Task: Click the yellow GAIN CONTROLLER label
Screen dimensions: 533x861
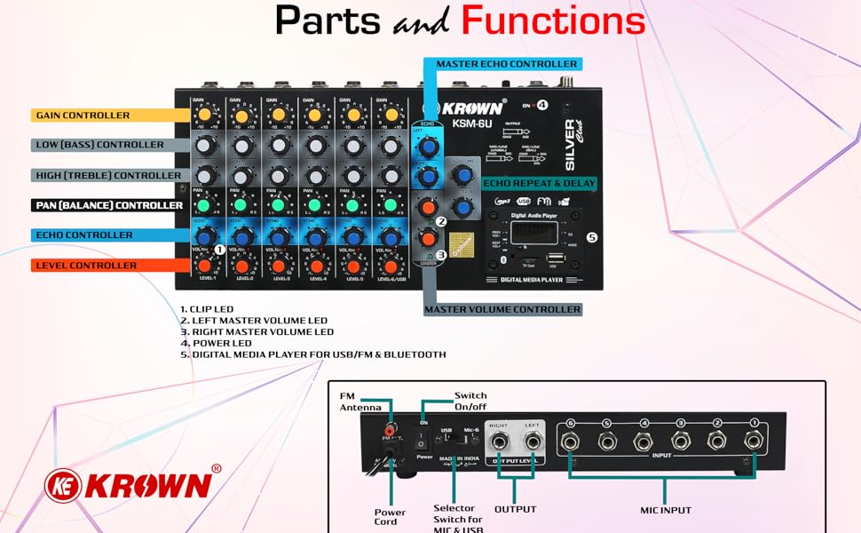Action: (x=82, y=115)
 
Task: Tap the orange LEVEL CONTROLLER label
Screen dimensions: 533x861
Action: (x=85, y=266)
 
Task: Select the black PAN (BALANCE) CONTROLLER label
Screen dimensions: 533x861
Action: (x=108, y=205)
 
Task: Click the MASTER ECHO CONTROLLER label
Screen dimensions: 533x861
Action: (x=506, y=64)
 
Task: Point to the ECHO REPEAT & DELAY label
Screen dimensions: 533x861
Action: (x=539, y=183)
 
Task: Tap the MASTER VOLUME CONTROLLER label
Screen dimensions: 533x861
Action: (x=502, y=309)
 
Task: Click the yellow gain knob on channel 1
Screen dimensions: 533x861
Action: (x=204, y=115)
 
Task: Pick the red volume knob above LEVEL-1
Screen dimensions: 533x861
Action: (x=204, y=266)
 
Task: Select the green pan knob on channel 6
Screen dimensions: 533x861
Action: (x=389, y=206)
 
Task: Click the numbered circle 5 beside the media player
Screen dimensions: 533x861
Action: (x=592, y=238)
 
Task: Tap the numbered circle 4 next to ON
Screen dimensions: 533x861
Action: (x=541, y=105)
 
